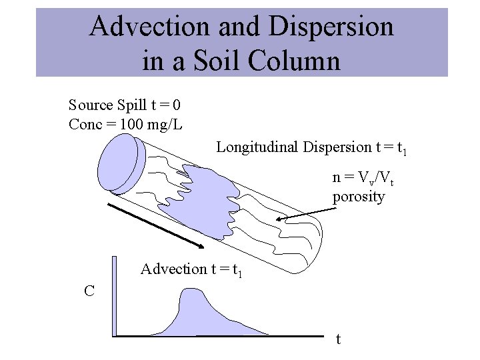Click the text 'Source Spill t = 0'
coord(125,105)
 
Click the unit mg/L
coord(165,125)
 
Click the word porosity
coord(359,197)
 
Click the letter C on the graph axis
coord(89,291)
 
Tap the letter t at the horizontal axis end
coord(338,339)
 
